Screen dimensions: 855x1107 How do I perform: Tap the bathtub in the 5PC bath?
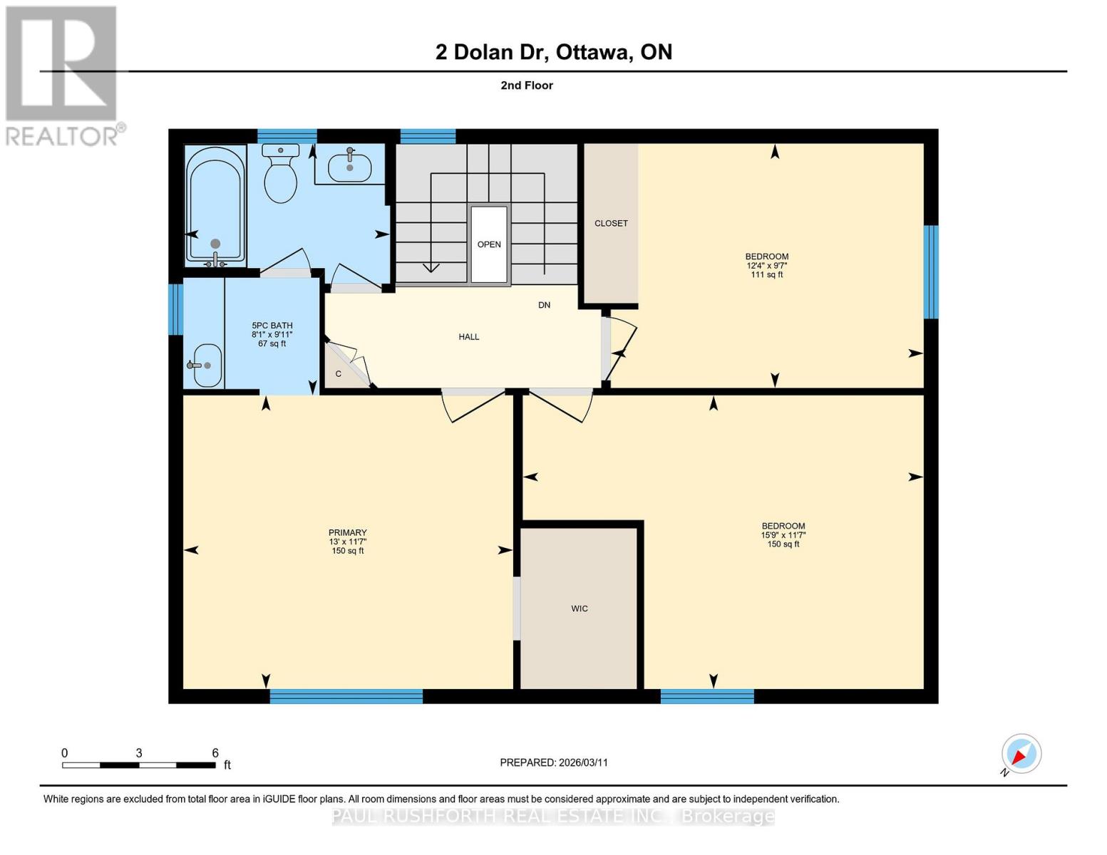(x=215, y=205)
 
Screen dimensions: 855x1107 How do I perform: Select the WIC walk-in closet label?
(x=579, y=608)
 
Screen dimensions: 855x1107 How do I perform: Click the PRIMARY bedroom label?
(x=347, y=532)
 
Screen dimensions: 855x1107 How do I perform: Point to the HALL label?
(x=468, y=337)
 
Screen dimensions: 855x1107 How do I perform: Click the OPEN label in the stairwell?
(x=489, y=244)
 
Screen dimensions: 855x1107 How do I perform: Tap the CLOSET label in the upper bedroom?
(x=611, y=223)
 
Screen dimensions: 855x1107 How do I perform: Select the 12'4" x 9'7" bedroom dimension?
(x=766, y=266)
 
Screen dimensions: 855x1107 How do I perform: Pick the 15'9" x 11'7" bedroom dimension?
(x=783, y=535)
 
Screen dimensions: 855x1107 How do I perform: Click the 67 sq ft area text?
(x=272, y=343)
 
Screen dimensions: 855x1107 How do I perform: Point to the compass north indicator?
(x=1021, y=754)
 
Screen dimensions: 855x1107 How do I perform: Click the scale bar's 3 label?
(x=139, y=753)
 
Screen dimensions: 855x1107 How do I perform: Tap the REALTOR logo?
(x=62, y=75)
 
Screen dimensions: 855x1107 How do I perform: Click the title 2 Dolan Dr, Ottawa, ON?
(x=553, y=52)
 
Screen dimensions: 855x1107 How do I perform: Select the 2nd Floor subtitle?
(x=527, y=85)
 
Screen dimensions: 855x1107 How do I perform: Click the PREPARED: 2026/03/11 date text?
(x=553, y=762)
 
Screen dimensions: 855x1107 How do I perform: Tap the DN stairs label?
(x=544, y=305)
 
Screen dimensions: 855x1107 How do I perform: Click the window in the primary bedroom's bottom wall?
(x=346, y=696)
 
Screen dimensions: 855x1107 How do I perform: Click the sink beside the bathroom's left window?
(x=206, y=365)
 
